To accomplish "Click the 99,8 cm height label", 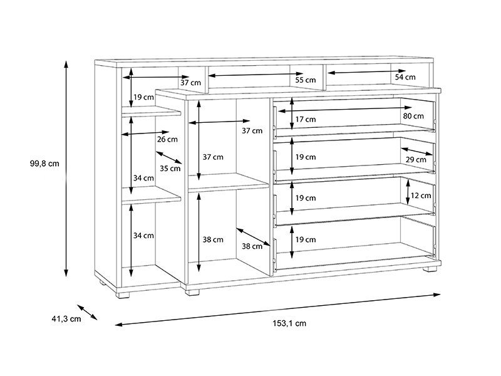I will click(x=44, y=164).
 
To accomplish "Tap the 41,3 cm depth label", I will click(x=66, y=319).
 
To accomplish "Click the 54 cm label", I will click(x=405, y=76).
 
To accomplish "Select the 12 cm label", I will click(x=421, y=196).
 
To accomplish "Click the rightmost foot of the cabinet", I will click(x=428, y=273).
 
